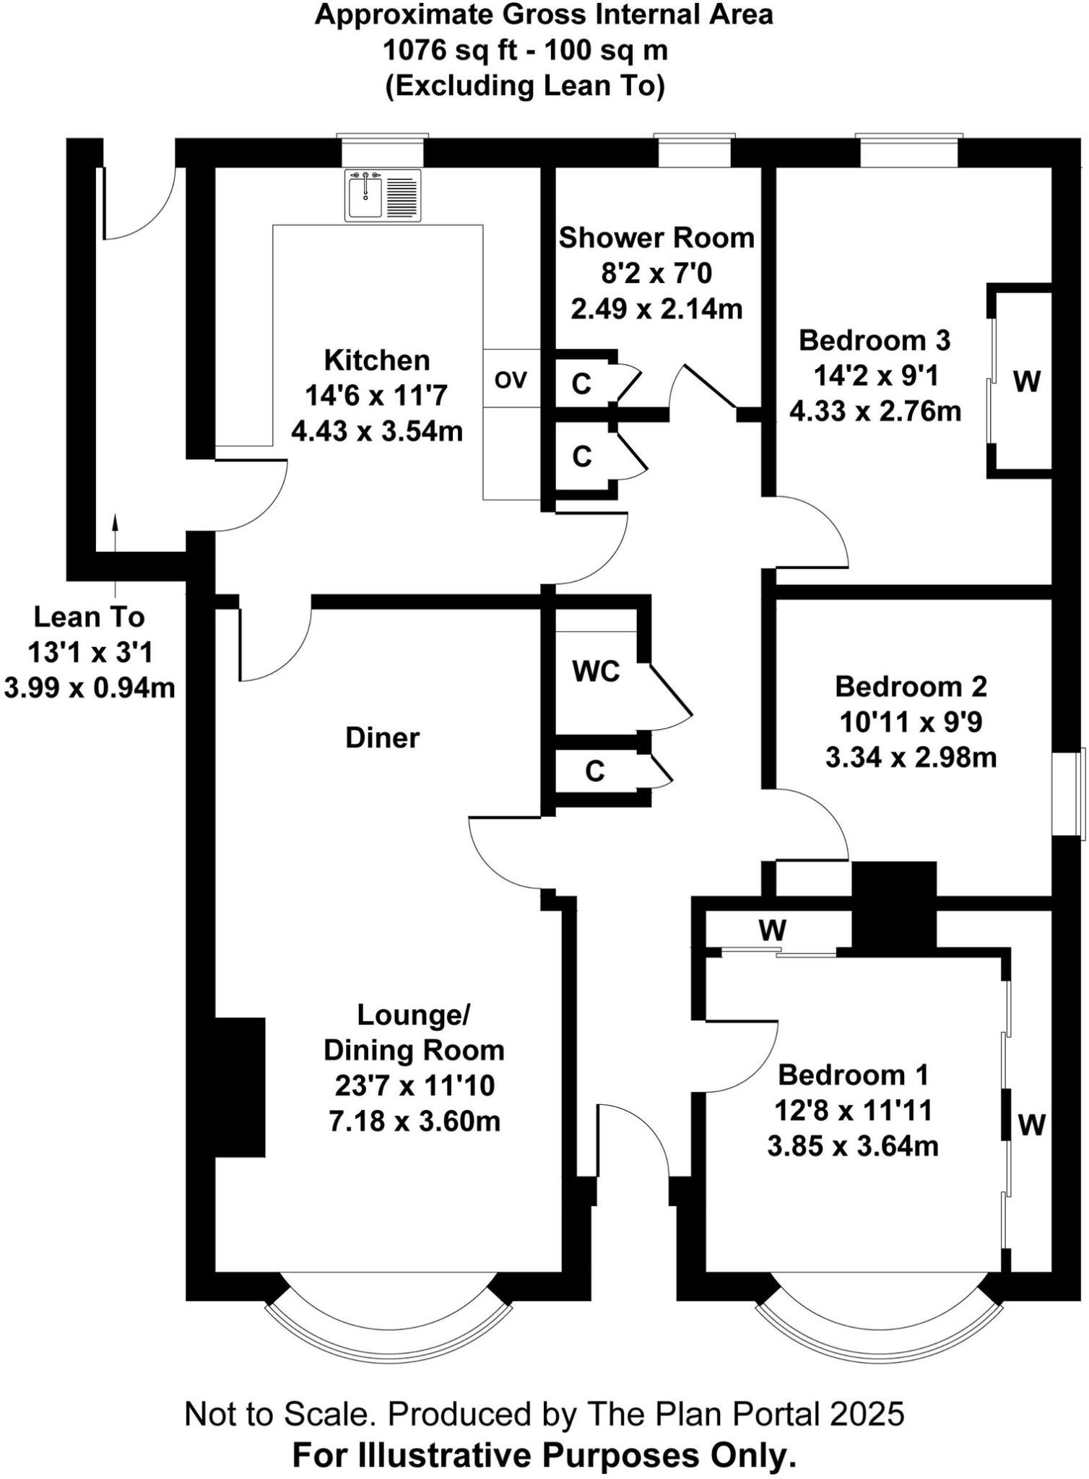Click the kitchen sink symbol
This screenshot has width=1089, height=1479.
(383, 194)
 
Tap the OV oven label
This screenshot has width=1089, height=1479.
(511, 380)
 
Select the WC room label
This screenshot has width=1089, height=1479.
(596, 672)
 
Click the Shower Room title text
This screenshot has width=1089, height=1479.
(656, 238)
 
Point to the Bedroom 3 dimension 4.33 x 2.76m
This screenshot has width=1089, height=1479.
(875, 412)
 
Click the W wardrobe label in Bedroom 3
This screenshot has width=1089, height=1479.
(1026, 381)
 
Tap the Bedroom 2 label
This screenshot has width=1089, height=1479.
(911, 686)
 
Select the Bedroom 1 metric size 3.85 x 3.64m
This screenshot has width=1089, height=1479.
(853, 1146)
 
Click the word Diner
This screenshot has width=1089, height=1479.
(382, 738)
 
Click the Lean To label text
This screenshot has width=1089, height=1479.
(90, 617)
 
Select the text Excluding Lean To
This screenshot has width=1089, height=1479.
(525, 86)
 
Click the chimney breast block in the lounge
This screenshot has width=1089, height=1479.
(240, 1088)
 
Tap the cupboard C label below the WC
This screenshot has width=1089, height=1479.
(594, 771)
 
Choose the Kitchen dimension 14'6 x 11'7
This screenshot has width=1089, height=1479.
(376, 396)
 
